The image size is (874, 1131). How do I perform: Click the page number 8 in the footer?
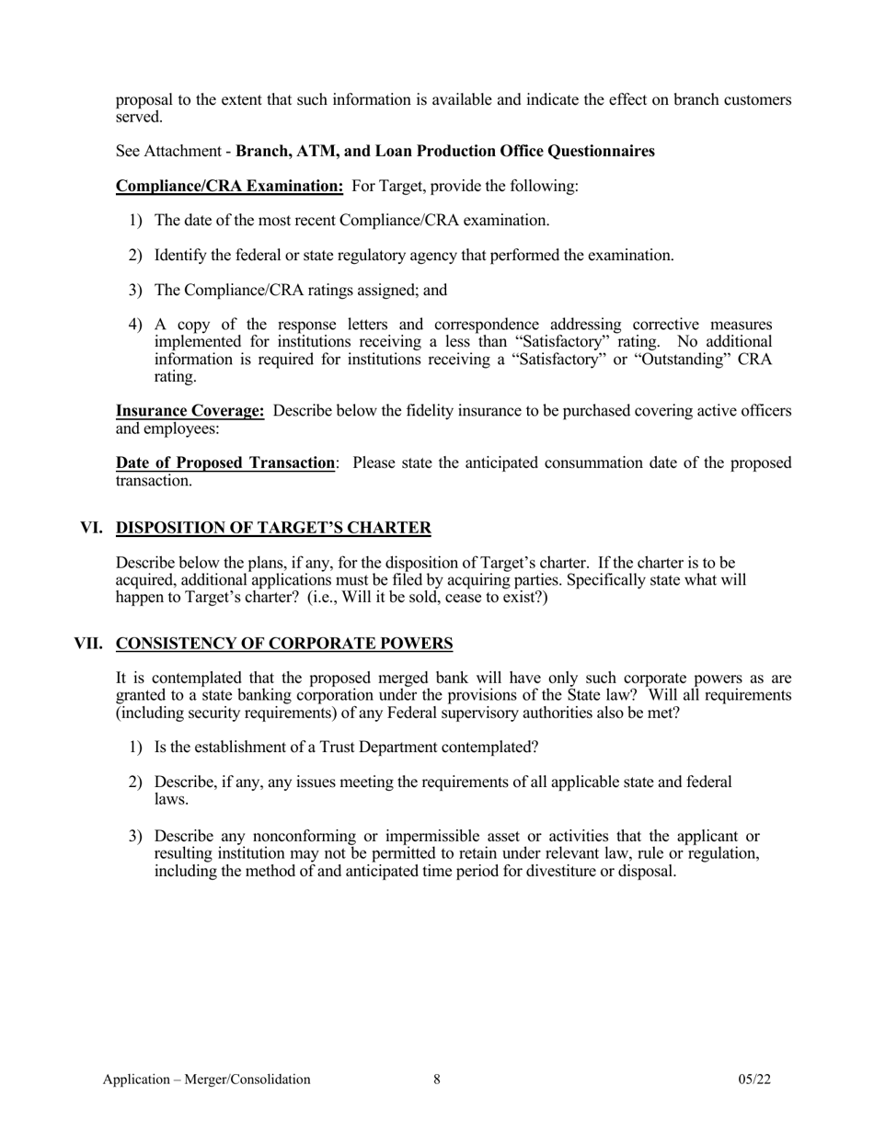tap(437, 1080)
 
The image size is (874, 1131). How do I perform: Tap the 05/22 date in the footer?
tap(753, 1080)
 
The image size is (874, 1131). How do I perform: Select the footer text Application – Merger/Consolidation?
tap(206, 1080)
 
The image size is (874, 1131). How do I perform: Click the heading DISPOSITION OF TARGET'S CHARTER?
tap(273, 528)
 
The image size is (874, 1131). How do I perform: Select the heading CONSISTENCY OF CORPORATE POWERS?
tap(284, 643)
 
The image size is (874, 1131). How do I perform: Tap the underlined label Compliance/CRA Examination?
tap(229, 186)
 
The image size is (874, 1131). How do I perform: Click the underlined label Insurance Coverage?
tap(190, 411)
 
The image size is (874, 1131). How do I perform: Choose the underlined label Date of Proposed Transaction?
tap(224, 463)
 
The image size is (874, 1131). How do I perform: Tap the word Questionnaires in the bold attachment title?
tap(601, 151)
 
